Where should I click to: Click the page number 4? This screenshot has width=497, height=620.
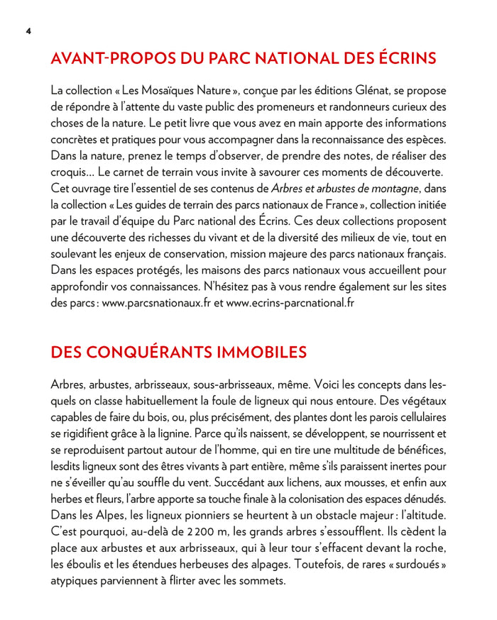point(28,31)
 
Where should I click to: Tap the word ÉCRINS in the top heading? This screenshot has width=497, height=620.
point(401,58)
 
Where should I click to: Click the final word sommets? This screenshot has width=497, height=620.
point(261,580)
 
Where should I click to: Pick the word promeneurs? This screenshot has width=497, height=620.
point(290,107)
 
